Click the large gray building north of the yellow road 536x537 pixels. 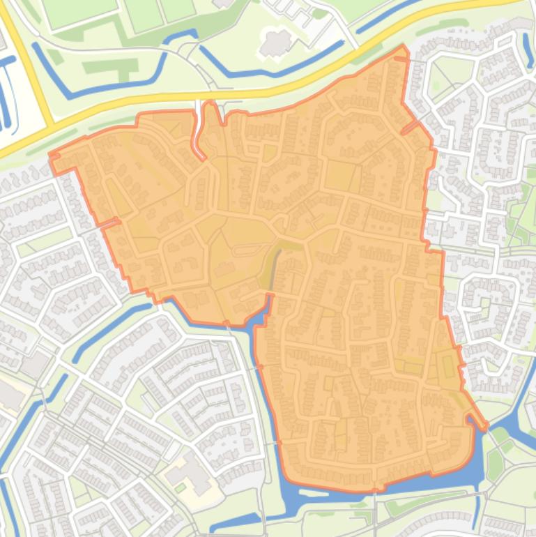277,43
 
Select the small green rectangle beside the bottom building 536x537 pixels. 181,488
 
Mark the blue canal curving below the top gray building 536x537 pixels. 279,67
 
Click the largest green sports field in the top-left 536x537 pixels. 70,10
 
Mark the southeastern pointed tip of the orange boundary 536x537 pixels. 486,425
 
